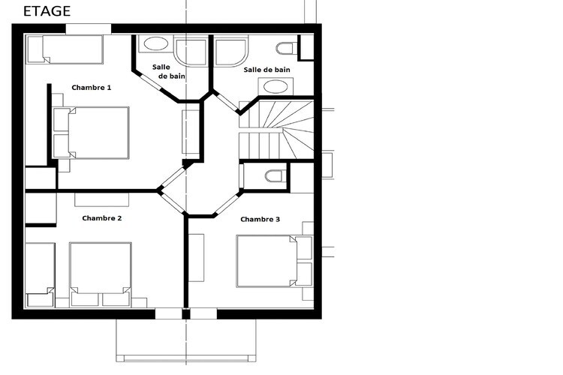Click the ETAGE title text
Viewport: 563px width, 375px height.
(47, 11)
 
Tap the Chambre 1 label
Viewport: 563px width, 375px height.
(91, 88)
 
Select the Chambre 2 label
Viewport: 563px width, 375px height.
(101, 218)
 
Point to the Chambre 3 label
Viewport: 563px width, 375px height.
(260, 219)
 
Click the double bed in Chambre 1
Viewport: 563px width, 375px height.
(91, 133)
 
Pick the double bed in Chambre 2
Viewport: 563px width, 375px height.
(101, 274)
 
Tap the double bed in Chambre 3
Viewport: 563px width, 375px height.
(274, 261)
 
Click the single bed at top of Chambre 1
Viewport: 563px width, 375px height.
(65, 49)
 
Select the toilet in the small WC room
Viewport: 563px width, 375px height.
(275, 176)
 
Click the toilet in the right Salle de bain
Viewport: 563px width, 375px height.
(287, 48)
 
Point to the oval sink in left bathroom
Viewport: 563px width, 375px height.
(156, 43)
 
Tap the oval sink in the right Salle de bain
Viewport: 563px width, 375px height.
(275, 86)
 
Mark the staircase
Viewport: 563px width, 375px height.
(276, 130)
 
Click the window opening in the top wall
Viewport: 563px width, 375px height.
(89, 28)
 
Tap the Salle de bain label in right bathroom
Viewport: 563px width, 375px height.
(266, 70)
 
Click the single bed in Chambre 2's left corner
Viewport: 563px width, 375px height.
(41, 275)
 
